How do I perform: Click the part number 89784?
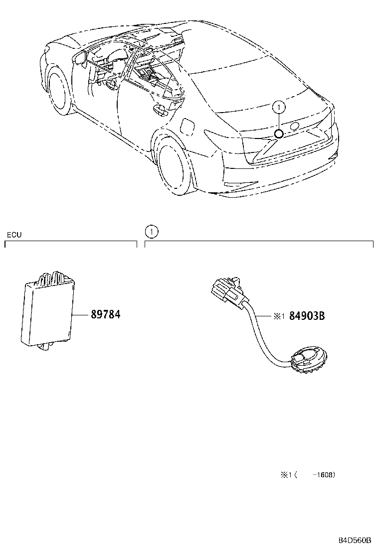tap(105, 315)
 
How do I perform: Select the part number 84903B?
tap(307, 315)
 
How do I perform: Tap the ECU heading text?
tap(13, 235)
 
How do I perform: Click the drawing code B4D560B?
tap(355, 540)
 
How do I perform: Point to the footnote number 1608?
tap(324, 475)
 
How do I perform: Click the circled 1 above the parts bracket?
tap(151, 231)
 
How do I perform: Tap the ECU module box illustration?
tap(46, 311)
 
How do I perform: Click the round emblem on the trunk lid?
tap(294, 126)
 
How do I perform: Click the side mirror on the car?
tap(79, 58)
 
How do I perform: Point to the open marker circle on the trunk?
tap(279, 133)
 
